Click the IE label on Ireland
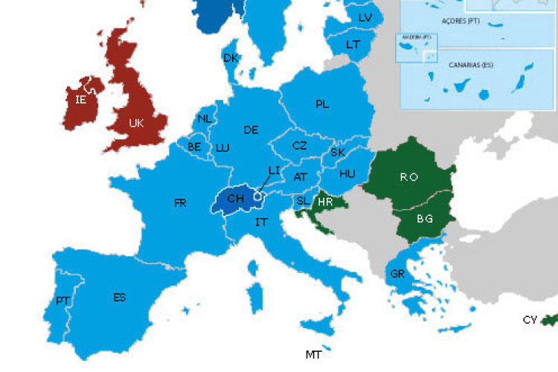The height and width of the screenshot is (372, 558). point(81,98)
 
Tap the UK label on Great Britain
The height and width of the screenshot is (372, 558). point(136,124)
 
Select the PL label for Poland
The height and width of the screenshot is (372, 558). point(322,105)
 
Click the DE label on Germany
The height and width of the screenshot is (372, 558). point(251,130)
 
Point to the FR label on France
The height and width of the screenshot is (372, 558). point(180,202)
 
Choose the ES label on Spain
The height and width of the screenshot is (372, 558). point(119,298)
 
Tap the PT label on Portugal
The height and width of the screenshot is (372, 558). point(62,301)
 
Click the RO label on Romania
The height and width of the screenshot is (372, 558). point(408,177)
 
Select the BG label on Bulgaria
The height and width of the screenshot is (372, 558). point(425,219)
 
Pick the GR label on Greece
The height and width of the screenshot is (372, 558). point(397,274)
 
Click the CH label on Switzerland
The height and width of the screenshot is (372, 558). point(235,199)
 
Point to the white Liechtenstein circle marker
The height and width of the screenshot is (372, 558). point(257,198)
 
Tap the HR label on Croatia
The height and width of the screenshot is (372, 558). point(325,202)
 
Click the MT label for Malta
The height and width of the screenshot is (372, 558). point(314,355)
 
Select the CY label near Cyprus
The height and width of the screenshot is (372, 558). point(530,320)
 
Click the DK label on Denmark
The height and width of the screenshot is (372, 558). point(231,58)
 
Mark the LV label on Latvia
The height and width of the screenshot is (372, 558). point(365,17)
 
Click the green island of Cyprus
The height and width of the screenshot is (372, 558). point(550,318)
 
